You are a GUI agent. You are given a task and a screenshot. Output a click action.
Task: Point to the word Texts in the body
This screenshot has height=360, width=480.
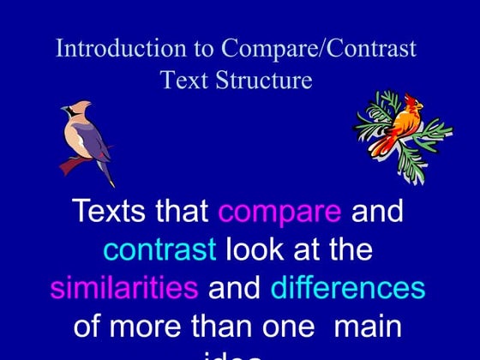pyautogui.click(x=111, y=211)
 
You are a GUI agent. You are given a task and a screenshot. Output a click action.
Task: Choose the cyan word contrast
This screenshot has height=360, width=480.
pyautogui.click(x=159, y=249)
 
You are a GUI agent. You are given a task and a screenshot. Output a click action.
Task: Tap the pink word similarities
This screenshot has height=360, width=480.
pyautogui.click(x=123, y=288)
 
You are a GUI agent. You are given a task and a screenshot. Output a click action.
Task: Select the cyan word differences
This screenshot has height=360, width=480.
pyautogui.click(x=348, y=288)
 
